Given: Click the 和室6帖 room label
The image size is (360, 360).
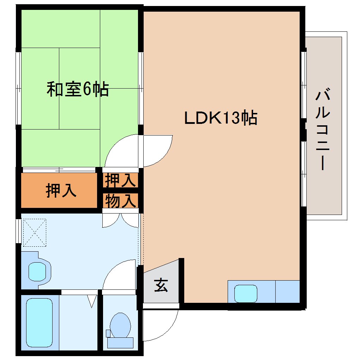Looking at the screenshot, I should pos(78,90).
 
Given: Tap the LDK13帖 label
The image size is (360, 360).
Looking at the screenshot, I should pos(221,118).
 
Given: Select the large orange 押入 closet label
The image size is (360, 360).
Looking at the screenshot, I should pos(61,191).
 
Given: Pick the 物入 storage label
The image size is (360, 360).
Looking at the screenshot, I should pos(120,201).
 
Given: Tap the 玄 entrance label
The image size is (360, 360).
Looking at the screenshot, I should pos(161,285).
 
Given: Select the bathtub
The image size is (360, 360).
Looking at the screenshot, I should pos(39,323).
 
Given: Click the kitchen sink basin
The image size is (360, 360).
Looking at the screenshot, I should pos(246,293).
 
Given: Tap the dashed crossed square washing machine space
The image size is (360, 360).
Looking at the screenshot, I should pos(34,233).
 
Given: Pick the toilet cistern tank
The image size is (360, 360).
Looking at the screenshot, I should pos(120,342).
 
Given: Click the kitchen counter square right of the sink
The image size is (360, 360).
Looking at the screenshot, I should pos(287,292).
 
